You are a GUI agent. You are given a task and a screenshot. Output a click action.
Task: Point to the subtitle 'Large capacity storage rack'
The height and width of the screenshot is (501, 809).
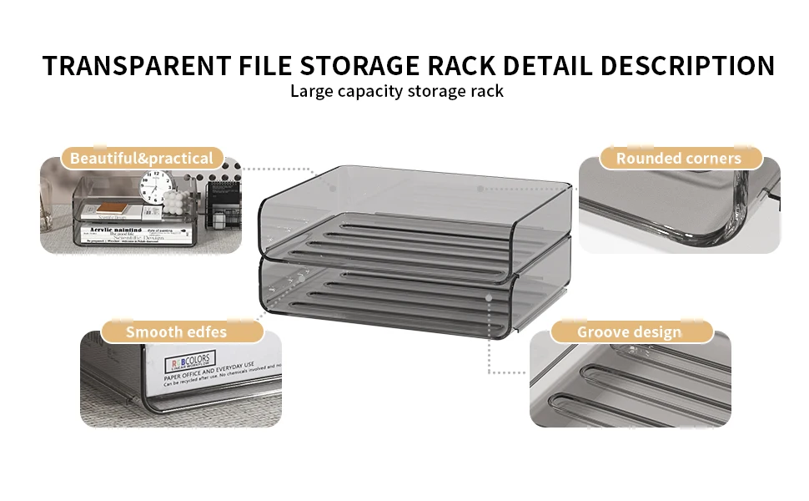pyautogui.click(x=396, y=91)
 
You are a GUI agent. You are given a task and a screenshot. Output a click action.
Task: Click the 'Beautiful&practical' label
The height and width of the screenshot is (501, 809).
pyautogui.click(x=142, y=159)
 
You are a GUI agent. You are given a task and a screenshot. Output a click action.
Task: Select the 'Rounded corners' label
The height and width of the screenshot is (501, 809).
pyautogui.click(x=678, y=159)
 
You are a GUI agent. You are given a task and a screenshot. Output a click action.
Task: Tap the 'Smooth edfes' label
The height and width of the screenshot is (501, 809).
pyautogui.click(x=176, y=332)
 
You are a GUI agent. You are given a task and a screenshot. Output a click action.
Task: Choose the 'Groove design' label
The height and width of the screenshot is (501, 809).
pyautogui.click(x=629, y=332)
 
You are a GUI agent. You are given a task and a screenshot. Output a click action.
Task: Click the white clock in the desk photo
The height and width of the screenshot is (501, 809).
pyautogui.click(x=156, y=188)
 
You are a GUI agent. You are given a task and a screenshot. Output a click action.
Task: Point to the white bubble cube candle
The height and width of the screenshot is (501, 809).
pyautogui.click(x=174, y=204)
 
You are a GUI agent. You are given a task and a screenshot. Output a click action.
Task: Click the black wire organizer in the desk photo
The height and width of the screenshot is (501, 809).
pyautogui.click(x=221, y=205)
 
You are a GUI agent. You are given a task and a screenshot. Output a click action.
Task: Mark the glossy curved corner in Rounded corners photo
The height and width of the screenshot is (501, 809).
pyautogui.click(x=738, y=209)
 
